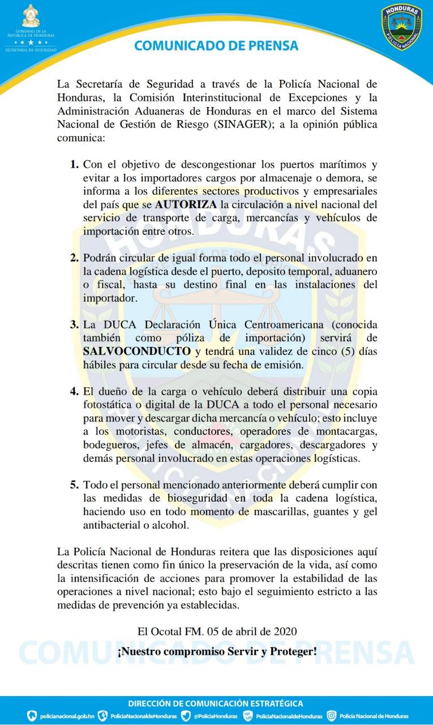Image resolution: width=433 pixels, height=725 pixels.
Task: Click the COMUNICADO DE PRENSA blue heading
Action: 216,45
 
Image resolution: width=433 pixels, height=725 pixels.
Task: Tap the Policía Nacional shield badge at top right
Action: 401,27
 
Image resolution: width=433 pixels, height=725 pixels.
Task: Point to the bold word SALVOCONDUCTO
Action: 136,351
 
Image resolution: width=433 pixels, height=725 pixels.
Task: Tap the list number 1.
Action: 74,165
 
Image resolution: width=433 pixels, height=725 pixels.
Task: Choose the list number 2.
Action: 74,258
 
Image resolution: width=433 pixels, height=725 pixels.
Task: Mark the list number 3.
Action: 74,325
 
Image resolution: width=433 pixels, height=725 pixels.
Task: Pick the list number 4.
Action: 74,392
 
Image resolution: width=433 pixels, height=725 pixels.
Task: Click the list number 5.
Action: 74,485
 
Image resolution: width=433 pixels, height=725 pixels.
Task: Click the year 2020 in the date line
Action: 285,631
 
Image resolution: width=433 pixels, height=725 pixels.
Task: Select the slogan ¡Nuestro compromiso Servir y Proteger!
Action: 217,651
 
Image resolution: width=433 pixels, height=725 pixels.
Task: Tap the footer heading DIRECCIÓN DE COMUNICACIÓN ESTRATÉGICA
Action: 216,703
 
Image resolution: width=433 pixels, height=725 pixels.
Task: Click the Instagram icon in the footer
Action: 332,716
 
